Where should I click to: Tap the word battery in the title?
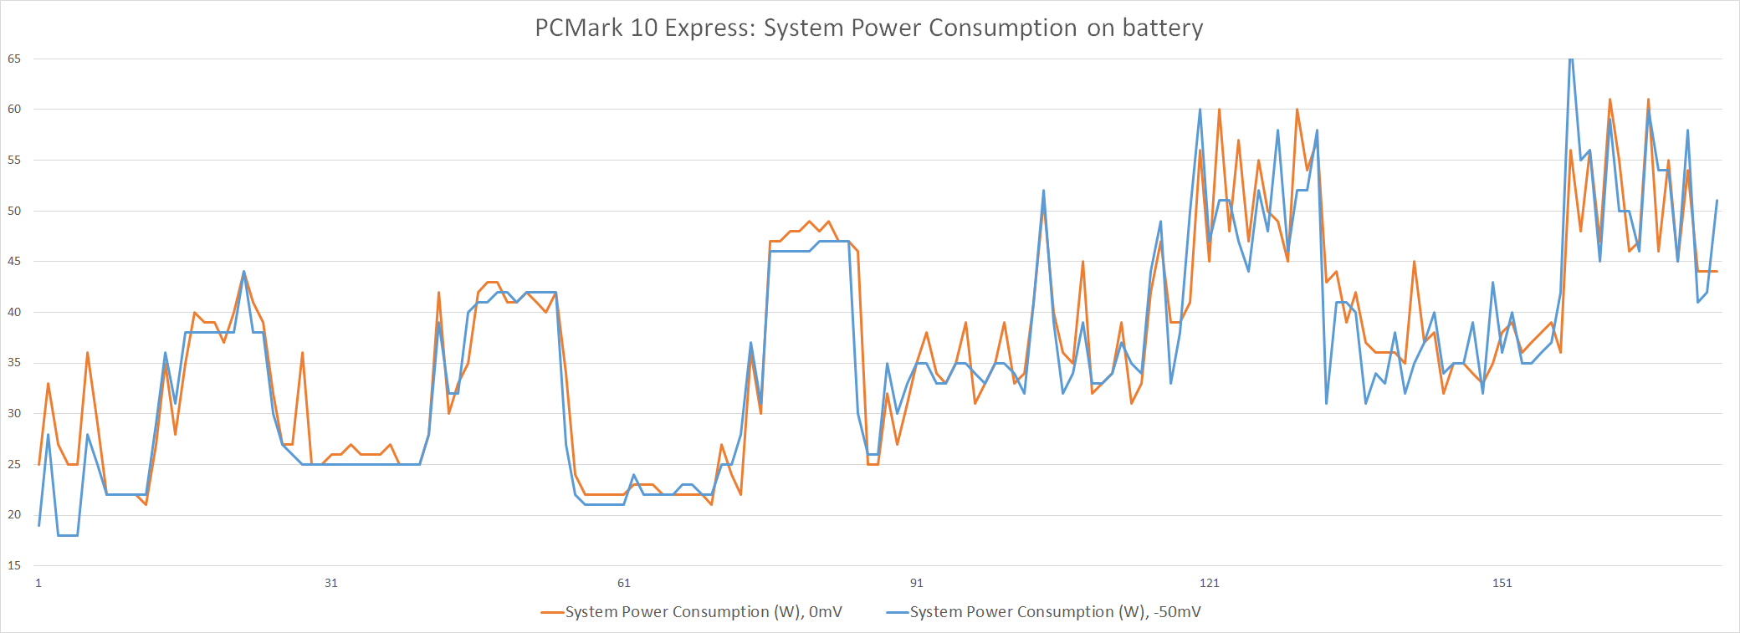pos(1162,28)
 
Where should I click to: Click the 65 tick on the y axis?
pos(14,59)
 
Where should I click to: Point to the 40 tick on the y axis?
pos(14,312)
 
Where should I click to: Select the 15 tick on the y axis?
pos(14,565)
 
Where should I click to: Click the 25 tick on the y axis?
pos(14,464)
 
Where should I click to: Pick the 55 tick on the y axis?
pos(14,160)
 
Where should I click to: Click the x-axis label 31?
pos(331,583)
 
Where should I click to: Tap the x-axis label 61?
pos(624,583)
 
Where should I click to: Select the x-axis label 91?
pos(917,583)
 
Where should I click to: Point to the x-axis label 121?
pos(1210,583)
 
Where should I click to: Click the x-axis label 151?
pos(1502,583)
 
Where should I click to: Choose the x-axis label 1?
pos(38,583)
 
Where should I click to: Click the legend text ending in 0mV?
pos(704,612)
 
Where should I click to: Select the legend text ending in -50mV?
pos(1055,612)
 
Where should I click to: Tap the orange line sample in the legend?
pos(552,612)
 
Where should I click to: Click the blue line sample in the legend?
pos(897,612)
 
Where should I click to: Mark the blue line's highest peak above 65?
pos(1571,59)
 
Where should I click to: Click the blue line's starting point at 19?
pos(39,525)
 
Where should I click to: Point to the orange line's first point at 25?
pos(39,464)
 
